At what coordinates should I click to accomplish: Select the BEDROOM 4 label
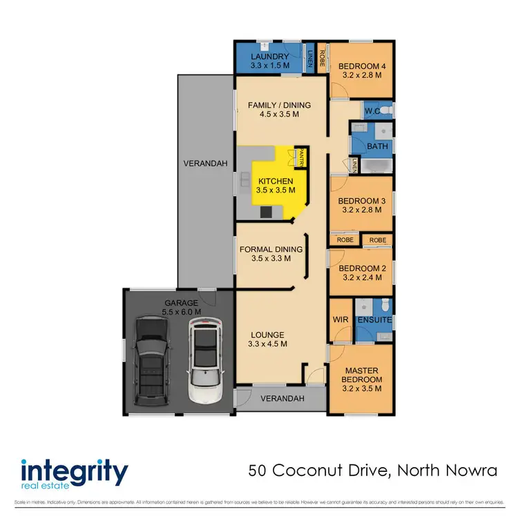360,67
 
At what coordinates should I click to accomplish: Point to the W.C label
372,110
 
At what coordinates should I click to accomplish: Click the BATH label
377,146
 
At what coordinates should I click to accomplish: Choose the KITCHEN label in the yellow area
276,181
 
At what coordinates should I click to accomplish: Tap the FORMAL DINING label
271,250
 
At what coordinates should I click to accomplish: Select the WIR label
340,319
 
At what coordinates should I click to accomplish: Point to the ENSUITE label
375,320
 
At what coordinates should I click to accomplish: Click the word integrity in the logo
75,473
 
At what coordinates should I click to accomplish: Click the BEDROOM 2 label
360,268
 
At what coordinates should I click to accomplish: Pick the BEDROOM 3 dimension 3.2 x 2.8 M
360,210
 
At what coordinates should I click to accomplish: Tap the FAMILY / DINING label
279,106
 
